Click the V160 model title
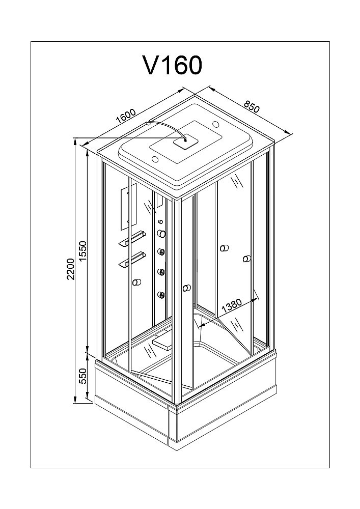point(173,65)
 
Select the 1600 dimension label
point(126,116)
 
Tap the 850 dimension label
point(252,106)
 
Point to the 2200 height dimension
point(71,269)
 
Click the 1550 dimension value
point(84,251)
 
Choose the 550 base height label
point(84,376)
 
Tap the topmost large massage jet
point(161,234)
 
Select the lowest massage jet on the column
point(161,295)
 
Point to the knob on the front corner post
point(187,288)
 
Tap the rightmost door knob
point(247,259)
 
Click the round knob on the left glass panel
point(137,282)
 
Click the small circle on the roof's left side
point(155,159)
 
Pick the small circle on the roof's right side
point(215,124)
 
